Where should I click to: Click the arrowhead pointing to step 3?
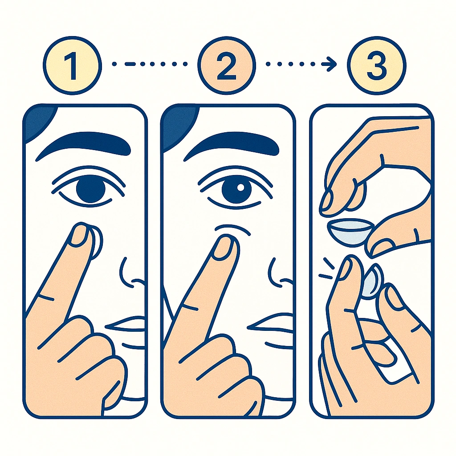click(x=330, y=65)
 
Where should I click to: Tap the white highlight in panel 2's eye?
click(x=240, y=187)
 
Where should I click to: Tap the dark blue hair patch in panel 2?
click(x=178, y=122)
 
